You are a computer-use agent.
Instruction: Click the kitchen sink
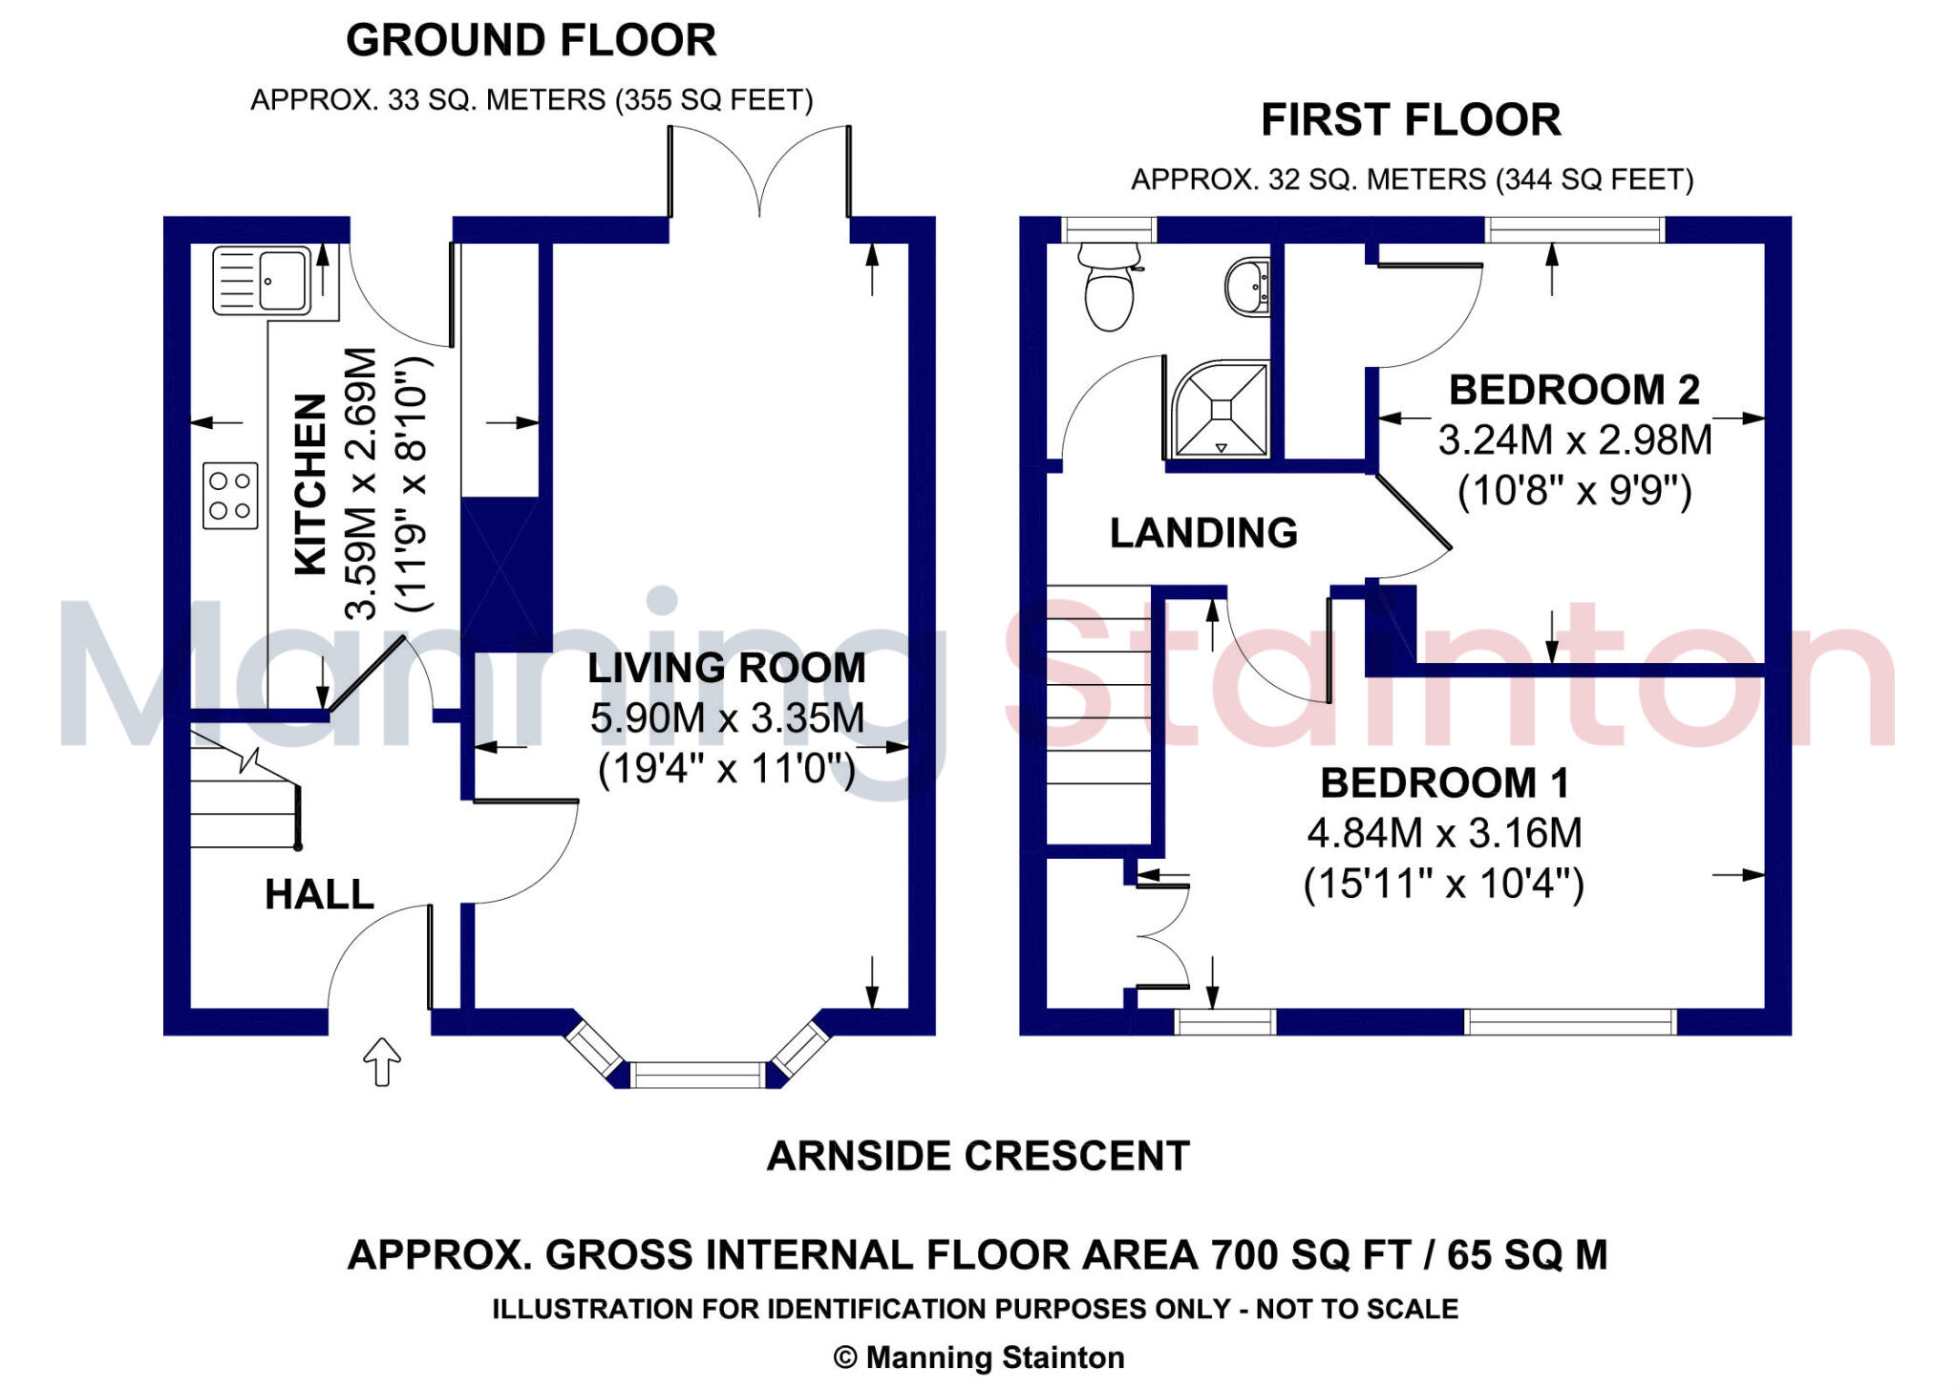click(x=262, y=280)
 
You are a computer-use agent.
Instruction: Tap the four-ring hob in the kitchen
click(x=230, y=496)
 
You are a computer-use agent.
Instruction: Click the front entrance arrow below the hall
click(x=382, y=1061)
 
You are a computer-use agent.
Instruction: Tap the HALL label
click(x=319, y=895)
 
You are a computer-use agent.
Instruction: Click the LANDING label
click(x=1203, y=533)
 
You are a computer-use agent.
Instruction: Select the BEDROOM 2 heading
click(x=1574, y=390)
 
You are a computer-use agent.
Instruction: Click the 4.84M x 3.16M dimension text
click(x=1444, y=833)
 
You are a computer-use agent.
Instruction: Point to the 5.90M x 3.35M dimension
click(x=727, y=718)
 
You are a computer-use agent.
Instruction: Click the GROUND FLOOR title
click(x=531, y=41)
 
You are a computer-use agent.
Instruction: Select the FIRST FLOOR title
click(x=1411, y=120)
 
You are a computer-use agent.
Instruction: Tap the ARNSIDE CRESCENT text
click(x=978, y=1156)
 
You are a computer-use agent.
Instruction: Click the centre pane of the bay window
click(x=698, y=1075)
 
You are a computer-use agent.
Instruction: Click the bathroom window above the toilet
click(x=1109, y=229)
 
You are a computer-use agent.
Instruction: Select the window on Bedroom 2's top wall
click(x=1575, y=229)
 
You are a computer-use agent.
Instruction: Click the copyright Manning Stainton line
click(x=978, y=1357)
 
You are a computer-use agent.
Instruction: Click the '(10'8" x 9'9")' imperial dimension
click(x=1574, y=491)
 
